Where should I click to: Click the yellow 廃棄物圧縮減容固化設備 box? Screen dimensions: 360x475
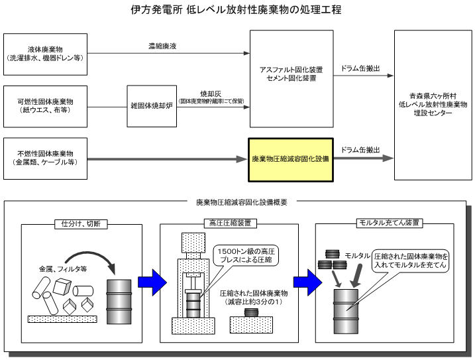[291, 160]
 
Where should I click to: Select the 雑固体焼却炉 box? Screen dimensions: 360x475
[151, 105]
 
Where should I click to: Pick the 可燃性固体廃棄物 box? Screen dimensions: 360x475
[45, 105]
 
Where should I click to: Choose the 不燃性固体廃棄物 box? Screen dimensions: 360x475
[45, 159]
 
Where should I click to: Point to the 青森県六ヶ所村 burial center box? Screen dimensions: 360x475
[434, 105]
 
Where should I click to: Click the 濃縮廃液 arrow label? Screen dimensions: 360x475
[162, 46]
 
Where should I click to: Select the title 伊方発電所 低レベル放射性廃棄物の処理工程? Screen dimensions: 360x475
[237, 11]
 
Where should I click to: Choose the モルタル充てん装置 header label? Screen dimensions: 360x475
[389, 223]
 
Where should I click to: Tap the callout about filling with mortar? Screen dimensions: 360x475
[411, 260]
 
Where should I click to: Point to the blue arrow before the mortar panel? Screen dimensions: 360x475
[303, 280]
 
